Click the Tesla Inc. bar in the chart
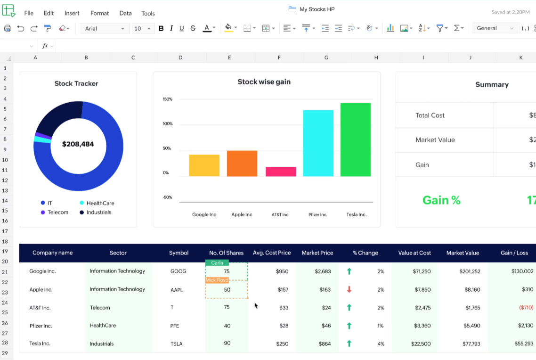coord(356,139)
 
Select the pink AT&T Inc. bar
coord(281,172)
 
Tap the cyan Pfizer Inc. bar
coord(318,143)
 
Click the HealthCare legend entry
coord(100,203)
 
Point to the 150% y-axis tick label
coord(168,99)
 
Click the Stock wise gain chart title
coord(264,82)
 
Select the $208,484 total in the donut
coord(78,144)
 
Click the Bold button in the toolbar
coord(161,28)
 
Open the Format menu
coord(99,13)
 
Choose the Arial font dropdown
coord(105,28)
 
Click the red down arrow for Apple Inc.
coord(349,290)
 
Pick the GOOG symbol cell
coord(179,271)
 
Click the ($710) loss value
coord(526,308)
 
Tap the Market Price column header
coord(317,253)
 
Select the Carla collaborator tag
coord(217,263)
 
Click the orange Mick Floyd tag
coord(217,280)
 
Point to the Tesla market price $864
coord(325,344)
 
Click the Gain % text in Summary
coord(441,200)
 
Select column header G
coord(326,58)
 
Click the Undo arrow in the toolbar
coord(21,28)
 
